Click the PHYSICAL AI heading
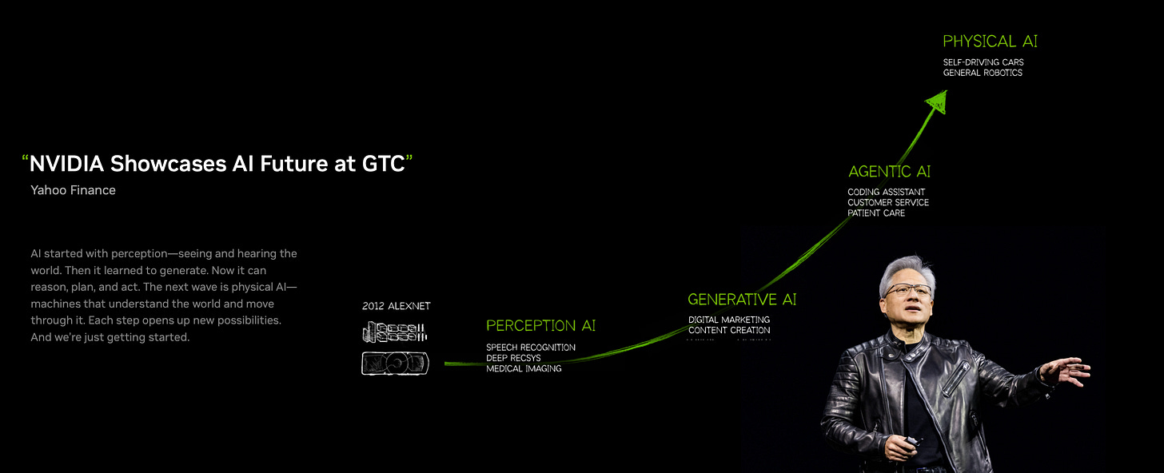click(x=990, y=42)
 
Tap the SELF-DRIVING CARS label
click(x=983, y=62)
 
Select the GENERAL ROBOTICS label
click(x=983, y=73)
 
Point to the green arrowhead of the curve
click(x=936, y=102)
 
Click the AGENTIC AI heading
click(x=889, y=172)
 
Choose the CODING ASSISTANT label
click(x=886, y=192)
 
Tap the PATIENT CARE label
click(x=876, y=213)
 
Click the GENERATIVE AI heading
click(x=742, y=300)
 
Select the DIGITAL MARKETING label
click(x=729, y=320)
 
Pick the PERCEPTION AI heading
click(x=540, y=326)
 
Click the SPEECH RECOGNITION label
click(x=530, y=348)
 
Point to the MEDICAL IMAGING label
click(x=524, y=369)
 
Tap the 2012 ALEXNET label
click(x=396, y=306)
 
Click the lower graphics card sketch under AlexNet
click(x=395, y=364)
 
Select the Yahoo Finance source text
click(x=73, y=190)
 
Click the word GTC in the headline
click(x=381, y=165)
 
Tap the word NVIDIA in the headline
click(x=66, y=165)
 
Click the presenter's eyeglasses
click(x=907, y=289)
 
